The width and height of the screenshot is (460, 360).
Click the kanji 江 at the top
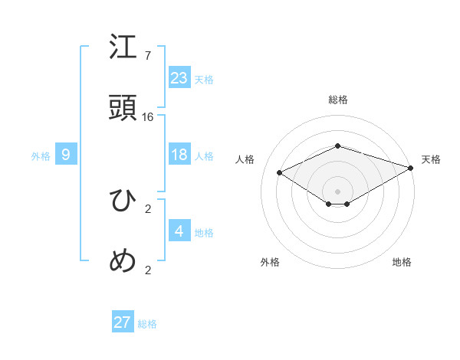(x=123, y=47)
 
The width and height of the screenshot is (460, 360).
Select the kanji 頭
(x=123, y=107)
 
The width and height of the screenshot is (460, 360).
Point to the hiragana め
(x=123, y=261)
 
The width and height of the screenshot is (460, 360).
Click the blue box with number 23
(x=179, y=77)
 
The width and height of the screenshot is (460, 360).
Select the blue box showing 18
(x=179, y=155)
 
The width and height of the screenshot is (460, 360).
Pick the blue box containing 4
(x=179, y=231)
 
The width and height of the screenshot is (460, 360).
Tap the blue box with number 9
(x=66, y=155)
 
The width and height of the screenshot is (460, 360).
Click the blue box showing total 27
(x=123, y=322)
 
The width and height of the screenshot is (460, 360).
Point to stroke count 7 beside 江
(x=148, y=56)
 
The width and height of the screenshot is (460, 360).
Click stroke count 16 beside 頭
(x=148, y=116)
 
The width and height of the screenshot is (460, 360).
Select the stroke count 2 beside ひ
(x=148, y=208)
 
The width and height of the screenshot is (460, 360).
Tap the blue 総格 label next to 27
(x=147, y=324)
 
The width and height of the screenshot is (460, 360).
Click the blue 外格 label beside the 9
(x=41, y=156)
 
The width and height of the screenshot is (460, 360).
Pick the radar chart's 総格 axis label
(x=337, y=100)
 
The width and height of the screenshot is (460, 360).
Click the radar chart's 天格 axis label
(x=431, y=159)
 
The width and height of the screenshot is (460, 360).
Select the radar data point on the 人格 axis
(x=280, y=173)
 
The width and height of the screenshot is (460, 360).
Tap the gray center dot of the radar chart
(x=337, y=190)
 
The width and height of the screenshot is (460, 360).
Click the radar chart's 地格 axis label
(x=402, y=262)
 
